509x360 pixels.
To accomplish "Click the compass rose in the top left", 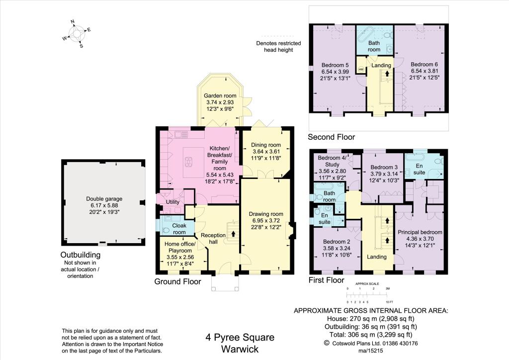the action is [x=77, y=34].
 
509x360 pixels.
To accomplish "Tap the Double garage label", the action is [x=104, y=199].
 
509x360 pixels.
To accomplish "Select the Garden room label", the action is [x=220, y=95].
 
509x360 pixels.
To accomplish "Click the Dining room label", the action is [x=266, y=145].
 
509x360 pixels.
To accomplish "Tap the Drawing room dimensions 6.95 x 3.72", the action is [x=266, y=221].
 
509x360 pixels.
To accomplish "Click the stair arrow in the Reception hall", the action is [x=233, y=233].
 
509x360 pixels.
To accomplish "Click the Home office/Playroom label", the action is [x=180, y=247].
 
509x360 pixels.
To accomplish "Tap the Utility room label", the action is [x=172, y=202].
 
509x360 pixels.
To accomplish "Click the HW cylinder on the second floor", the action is [x=361, y=69].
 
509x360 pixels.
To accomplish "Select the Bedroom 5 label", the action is [x=335, y=65].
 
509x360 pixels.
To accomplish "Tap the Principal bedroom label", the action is [x=420, y=232].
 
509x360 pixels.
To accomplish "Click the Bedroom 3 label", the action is [x=384, y=167].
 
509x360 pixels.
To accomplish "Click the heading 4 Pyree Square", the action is [x=240, y=338].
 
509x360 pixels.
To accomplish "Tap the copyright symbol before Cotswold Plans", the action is [x=327, y=343].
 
